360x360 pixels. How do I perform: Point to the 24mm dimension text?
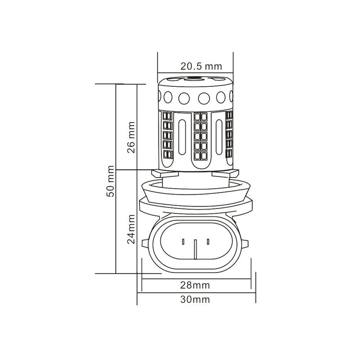point(131,229)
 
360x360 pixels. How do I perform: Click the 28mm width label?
point(196,285)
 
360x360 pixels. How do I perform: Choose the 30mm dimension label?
point(196,299)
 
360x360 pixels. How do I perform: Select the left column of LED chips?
point(168,137)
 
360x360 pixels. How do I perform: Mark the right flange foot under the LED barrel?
point(233,172)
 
